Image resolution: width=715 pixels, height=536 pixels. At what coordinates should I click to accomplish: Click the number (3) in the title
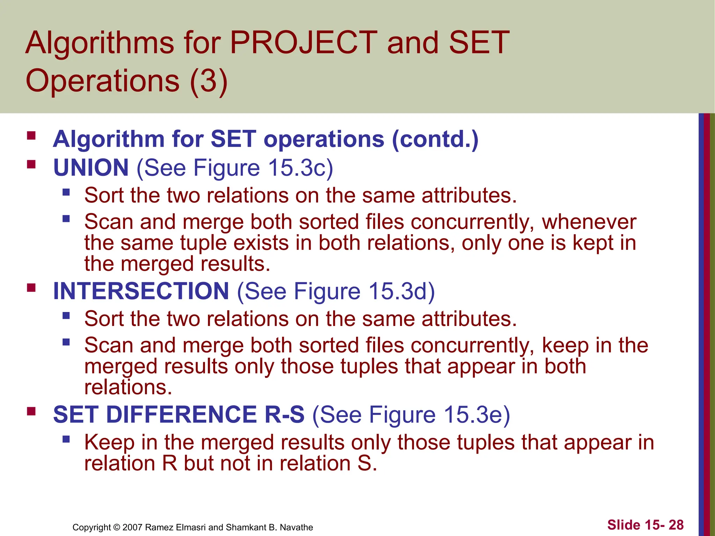coord(208,81)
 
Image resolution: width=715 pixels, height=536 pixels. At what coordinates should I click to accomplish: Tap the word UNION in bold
coord(91,168)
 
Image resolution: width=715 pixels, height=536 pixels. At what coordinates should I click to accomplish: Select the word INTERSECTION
coord(141,291)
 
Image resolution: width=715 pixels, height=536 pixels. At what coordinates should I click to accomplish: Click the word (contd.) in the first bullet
coord(435,139)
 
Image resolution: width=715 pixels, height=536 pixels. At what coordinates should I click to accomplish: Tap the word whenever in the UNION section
coord(589,222)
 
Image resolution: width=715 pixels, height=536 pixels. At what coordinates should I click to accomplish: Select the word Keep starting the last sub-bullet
coord(109,442)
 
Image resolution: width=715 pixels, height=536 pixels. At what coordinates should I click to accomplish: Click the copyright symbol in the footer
coord(117,527)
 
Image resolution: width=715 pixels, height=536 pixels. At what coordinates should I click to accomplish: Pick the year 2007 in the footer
coord(133,527)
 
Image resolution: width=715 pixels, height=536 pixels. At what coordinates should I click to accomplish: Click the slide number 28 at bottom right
coord(676,525)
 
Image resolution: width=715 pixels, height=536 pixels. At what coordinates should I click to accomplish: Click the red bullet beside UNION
coord(31,164)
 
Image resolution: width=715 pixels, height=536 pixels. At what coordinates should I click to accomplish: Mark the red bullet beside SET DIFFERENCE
coord(31,411)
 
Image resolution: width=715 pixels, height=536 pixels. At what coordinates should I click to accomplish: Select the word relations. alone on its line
coord(128,387)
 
